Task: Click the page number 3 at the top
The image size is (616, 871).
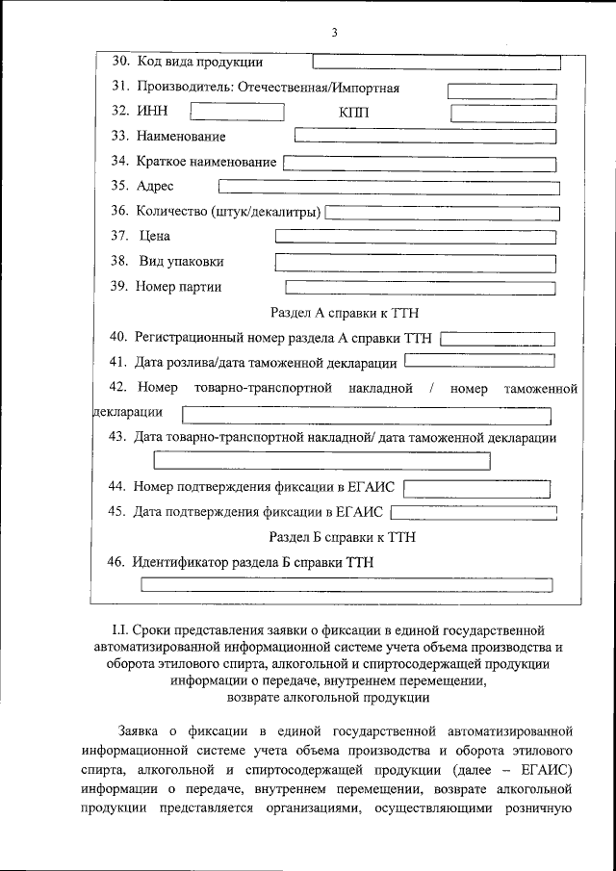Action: tap(334, 33)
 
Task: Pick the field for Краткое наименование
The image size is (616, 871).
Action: tap(420, 163)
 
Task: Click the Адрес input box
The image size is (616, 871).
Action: tap(388, 187)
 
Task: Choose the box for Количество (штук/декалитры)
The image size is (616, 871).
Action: tap(442, 212)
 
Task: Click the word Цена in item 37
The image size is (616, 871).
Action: tap(154, 236)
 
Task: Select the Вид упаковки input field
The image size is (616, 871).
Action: tap(415, 262)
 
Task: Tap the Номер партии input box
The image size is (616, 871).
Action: tap(421, 287)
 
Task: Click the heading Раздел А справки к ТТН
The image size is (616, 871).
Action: tap(344, 313)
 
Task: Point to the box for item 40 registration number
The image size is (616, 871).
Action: tap(498, 339)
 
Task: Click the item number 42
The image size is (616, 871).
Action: tap(118, 389)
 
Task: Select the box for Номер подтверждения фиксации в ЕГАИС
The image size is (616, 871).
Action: tap(479, 488)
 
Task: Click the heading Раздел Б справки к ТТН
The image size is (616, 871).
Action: tap(342, 537)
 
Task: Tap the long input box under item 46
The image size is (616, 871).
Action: tap(346, 584)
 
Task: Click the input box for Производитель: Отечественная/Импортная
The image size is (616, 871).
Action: tap(501, 90)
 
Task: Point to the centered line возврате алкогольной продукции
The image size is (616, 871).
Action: tap(327, 696)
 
